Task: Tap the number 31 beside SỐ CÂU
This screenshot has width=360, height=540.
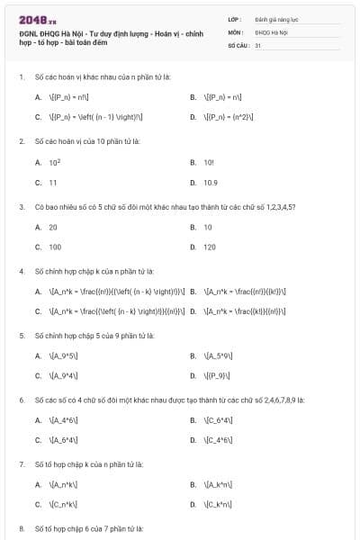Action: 257,44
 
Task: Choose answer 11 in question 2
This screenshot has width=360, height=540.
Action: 53,182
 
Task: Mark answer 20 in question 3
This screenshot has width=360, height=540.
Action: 53,227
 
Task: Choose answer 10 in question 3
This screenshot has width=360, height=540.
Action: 208,227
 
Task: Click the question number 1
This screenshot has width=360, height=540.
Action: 21,76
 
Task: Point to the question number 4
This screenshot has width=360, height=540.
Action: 21,271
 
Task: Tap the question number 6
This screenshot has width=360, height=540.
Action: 21,400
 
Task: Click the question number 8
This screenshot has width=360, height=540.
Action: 21,528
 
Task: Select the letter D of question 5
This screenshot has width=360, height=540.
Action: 193,375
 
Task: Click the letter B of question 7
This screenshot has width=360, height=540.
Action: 193,484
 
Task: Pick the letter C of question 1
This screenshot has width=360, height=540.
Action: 38,117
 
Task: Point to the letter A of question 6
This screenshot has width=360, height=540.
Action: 38,419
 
